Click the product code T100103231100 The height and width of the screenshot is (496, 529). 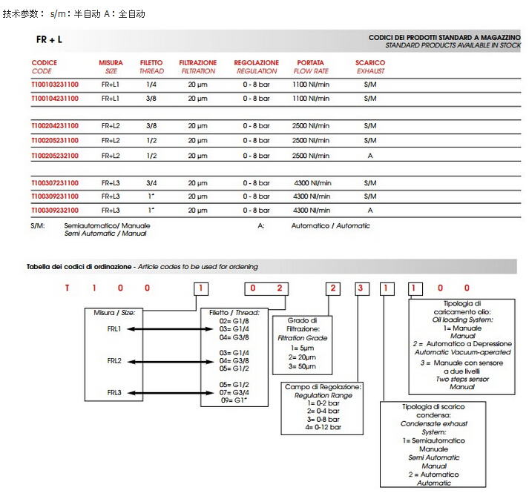coord(54,85)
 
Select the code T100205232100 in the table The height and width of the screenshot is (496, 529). coord(54,156)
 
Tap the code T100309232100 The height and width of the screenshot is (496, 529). coord(54,211)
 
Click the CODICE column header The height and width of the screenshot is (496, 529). coord(45,63)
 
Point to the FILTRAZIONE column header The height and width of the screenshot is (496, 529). coord(198,63)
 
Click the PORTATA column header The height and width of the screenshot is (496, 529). coord(310,63)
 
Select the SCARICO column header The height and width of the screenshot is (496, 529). coord(370,63)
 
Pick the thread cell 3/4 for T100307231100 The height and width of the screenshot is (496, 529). coord(151,183)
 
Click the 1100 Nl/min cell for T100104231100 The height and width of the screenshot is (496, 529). coord(311,99)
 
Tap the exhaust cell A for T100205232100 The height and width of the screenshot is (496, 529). coord(370,156)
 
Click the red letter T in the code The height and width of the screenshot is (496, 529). coord(67,288)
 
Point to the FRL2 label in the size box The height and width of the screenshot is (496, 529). coord(114,361)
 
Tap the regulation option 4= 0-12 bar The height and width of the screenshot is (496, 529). coord(323,427)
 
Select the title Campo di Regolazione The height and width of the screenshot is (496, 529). coord(323,387)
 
